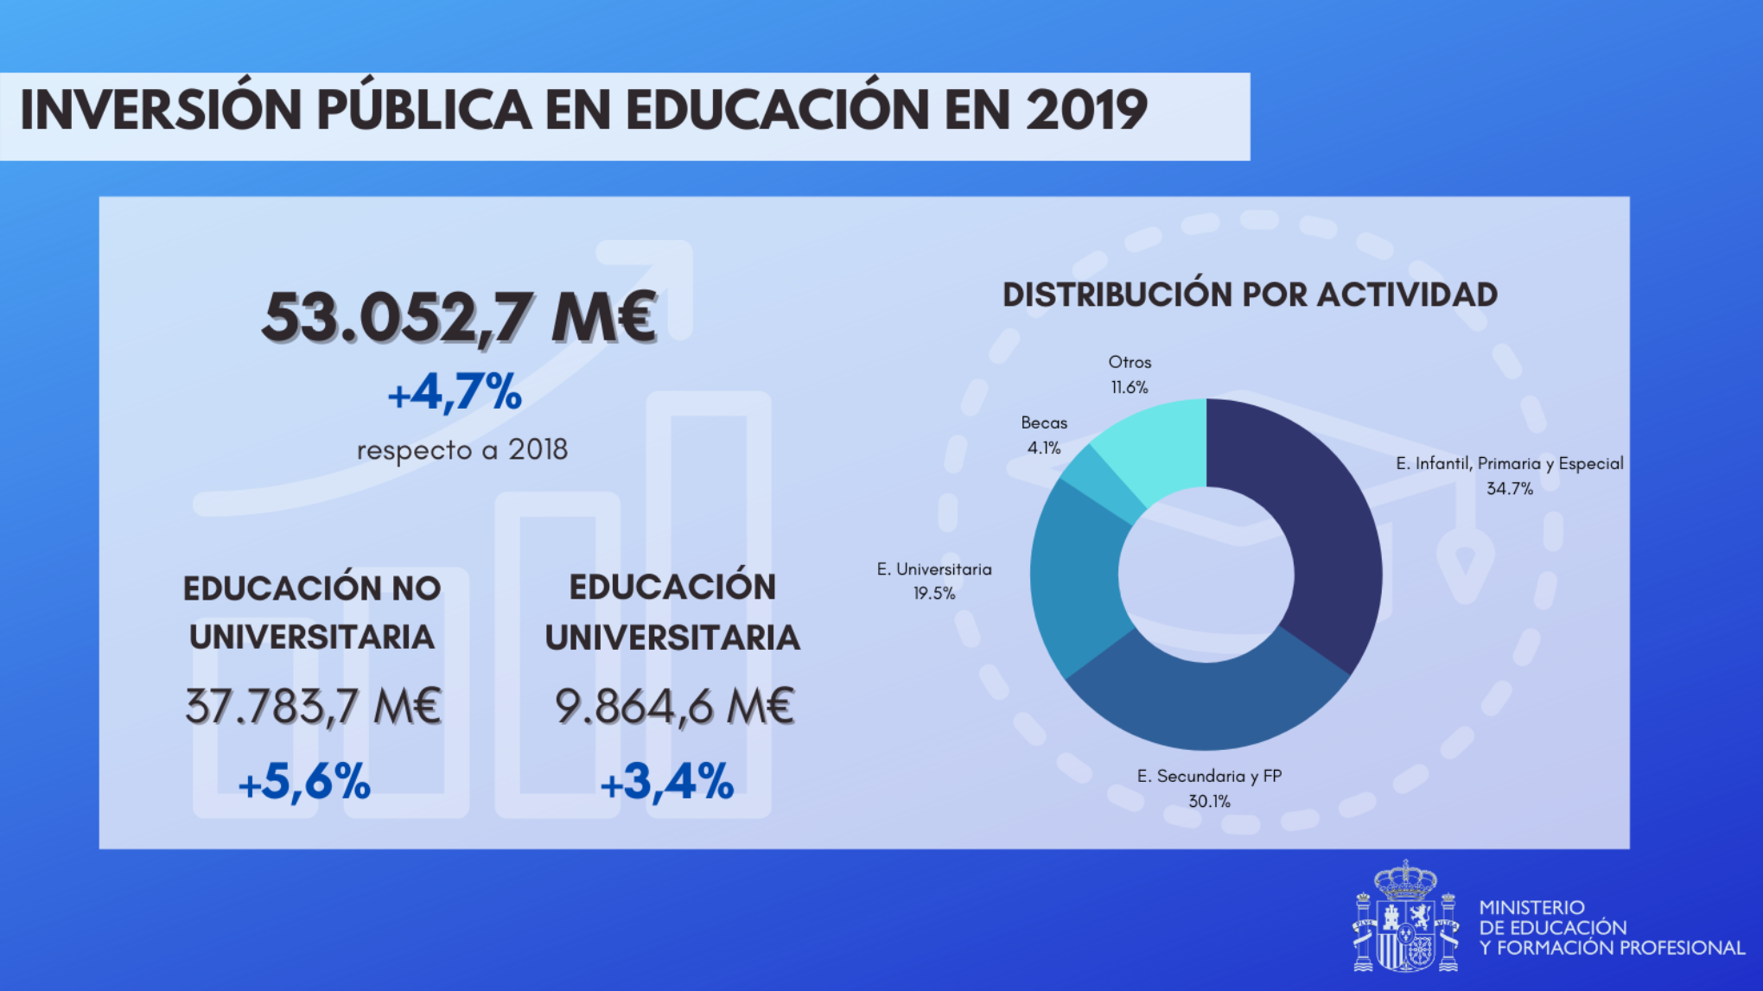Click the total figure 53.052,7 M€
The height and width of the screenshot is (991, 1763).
(x=459, y=318)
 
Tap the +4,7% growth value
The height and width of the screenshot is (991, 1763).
(x=455, y=393)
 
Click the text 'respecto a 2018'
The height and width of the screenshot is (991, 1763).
(x=462, y=450)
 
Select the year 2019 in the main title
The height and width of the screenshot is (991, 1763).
(x=1086, y=111)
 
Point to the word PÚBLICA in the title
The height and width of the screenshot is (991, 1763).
(x=423, y=111)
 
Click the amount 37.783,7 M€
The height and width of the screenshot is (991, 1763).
(x=313, y=707)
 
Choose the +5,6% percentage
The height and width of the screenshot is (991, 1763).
(x=304, y=782)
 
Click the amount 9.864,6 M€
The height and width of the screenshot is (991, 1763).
(x=674, y=707)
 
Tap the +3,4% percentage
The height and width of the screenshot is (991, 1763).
(x=666, y=782)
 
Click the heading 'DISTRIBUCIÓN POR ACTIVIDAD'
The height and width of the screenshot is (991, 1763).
(x=1250, y=295)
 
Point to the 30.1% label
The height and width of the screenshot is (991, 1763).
(x=1209, y=802)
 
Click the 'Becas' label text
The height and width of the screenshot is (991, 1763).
(x=1044, y=423)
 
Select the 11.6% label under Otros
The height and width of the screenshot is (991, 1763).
(x=1130, y=388)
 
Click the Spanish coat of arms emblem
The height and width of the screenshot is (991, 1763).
(x=1406, y=918)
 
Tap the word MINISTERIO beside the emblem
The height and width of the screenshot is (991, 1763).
(x=1531, y=908)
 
